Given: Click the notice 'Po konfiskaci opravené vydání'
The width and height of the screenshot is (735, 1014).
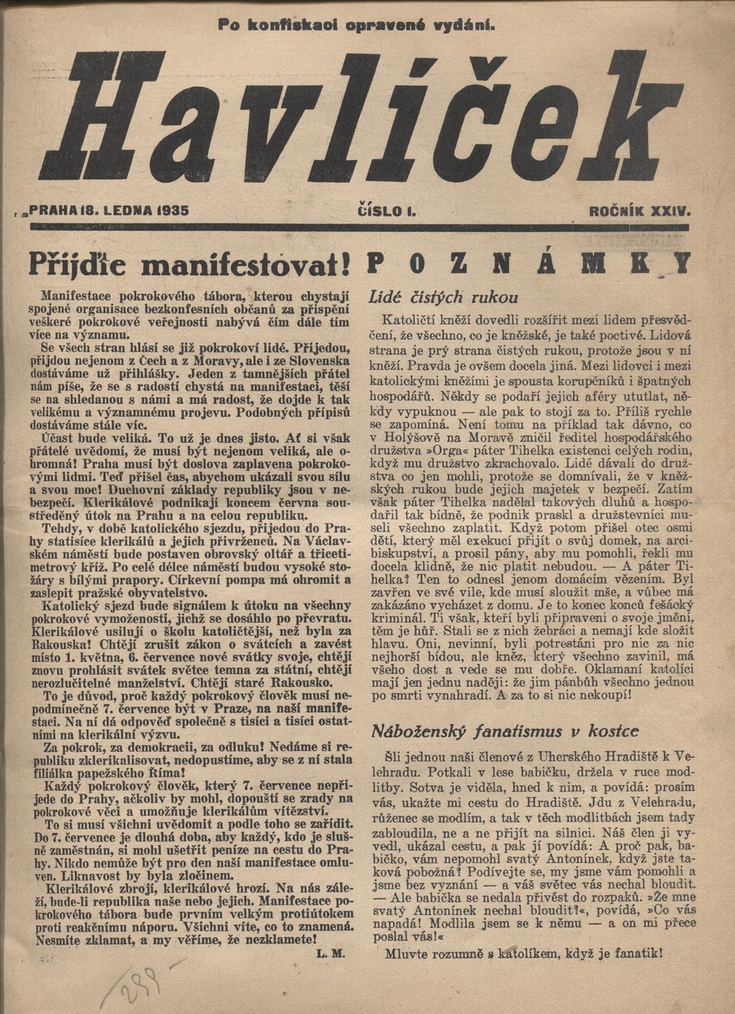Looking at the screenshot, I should coord(356,25).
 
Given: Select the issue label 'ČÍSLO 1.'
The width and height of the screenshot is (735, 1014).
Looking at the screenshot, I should coord(387,212).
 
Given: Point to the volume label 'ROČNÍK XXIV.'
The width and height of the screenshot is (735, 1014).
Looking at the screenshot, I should coord(640,212).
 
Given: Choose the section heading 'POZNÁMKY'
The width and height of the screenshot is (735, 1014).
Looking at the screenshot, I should coord(530,262).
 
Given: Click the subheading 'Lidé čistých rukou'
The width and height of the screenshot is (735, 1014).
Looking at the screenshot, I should coord(444,298).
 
